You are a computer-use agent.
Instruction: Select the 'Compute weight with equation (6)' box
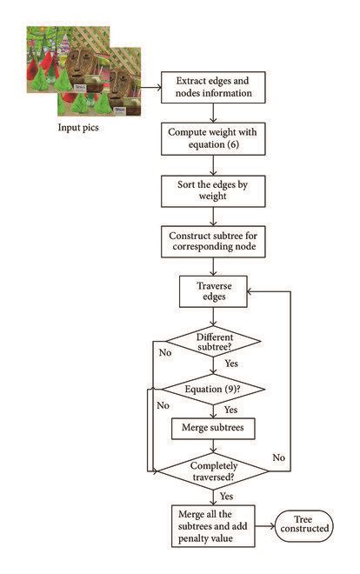215,138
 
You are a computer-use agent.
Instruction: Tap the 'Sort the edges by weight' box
215,189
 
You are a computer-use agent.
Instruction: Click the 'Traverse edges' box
214,291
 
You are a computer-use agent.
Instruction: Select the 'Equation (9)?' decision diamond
214,388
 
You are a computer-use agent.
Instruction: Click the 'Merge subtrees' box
214,428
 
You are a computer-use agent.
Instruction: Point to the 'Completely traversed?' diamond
214,471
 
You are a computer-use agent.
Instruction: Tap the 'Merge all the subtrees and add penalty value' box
214,526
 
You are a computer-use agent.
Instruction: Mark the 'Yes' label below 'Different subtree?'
232,364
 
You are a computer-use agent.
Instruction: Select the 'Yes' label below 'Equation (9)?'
232,409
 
